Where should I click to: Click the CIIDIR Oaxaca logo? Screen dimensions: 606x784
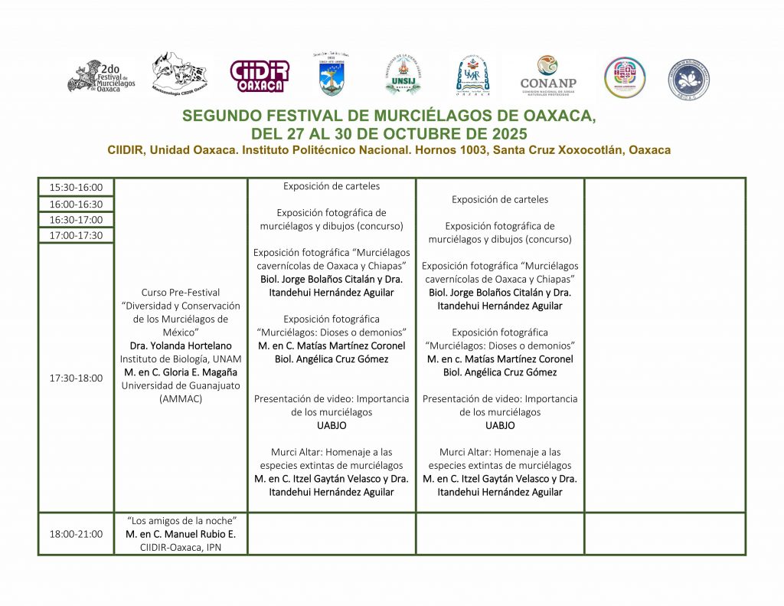[x=260, y=76]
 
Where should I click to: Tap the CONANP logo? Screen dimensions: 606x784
[x=547, y=76]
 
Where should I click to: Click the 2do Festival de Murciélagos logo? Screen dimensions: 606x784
[x=101, y=76]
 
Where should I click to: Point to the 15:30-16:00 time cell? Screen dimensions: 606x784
[x=76, y=188]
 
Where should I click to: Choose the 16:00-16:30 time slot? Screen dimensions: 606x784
[x=76, y=204]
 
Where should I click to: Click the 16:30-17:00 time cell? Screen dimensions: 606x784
[x=76, y=220]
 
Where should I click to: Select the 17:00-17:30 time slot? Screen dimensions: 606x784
[x=76, y=235]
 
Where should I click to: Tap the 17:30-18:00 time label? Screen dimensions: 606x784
[x=76, y=378]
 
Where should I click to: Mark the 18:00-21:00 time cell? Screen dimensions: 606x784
[x=76, y=534]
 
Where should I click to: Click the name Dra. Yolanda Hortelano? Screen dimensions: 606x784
[x=181, y=346]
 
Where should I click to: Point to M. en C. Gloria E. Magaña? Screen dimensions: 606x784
[x=181, y=372]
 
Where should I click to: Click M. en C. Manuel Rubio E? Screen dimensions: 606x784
[x=181, y=534]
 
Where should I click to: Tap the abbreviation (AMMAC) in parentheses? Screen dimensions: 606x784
[x=181, y=399]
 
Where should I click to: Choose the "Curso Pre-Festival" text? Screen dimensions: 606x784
[x=181, y=292]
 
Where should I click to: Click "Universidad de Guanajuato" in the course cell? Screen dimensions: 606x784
[x=181, y=385]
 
